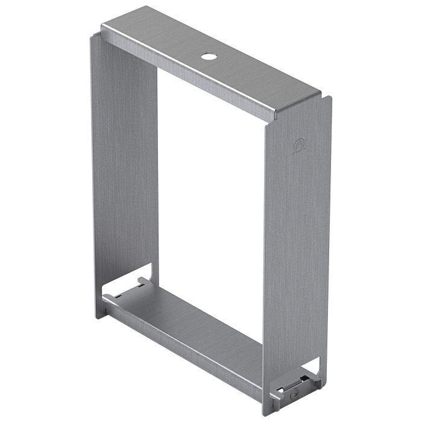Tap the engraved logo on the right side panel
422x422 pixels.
tap(298, 145)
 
